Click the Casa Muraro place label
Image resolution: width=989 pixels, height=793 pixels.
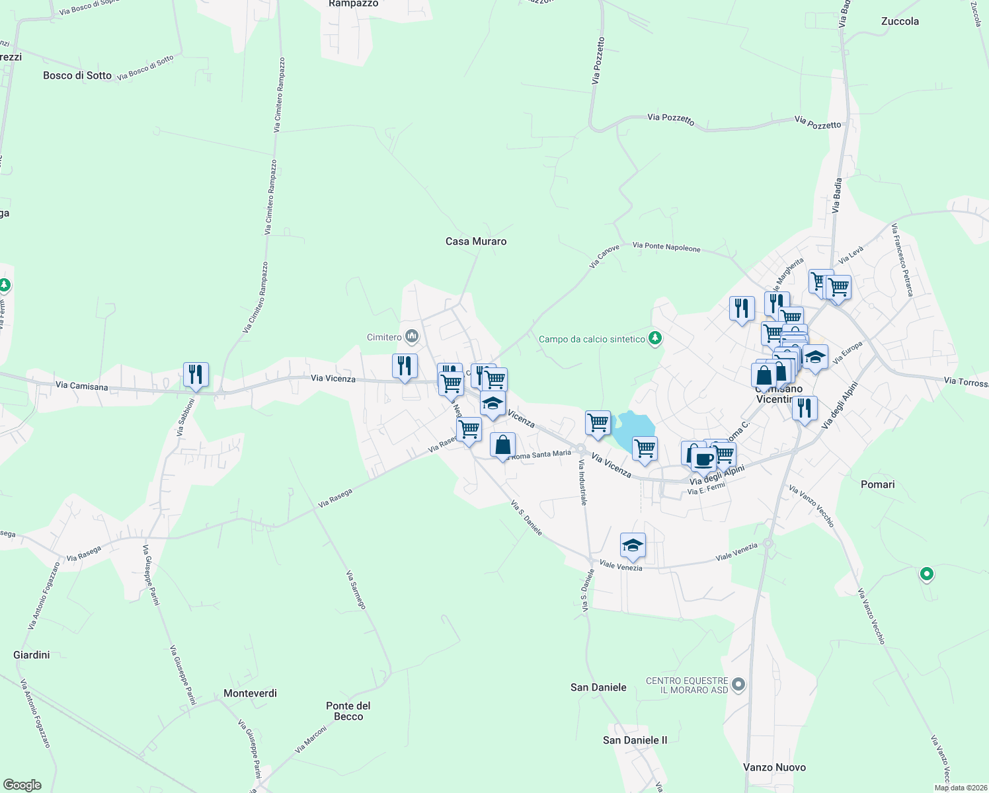pos(476,242)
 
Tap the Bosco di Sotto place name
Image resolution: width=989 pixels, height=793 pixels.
pos(77,75)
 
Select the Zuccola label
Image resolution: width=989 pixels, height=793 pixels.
pos(900,21)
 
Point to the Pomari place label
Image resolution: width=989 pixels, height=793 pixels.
pos(877,484)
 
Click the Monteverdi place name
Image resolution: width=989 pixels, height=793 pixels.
pos(250,693)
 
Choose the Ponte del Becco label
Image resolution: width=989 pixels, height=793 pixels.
pos(348,711)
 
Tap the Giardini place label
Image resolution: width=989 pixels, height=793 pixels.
pos(32,655)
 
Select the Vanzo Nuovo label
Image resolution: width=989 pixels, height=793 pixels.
pos(774,767)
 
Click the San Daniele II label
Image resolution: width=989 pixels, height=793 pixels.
pos(635,740)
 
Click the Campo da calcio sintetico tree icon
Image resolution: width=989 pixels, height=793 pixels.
pos(655,339)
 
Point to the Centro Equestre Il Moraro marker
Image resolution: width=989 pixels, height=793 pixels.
pos(739,685)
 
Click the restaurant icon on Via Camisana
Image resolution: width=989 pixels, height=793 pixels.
pos(196,374)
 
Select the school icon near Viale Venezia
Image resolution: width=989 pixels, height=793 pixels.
pos(633,545)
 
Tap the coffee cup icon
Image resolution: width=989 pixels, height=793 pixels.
pos(703,458)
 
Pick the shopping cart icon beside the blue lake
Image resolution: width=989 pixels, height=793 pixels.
pos(598,422)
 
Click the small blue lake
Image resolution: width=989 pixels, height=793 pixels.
pos(633,428)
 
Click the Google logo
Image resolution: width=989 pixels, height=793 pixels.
pos(22,785)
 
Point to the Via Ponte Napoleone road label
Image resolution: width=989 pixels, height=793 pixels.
pos(666,247)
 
